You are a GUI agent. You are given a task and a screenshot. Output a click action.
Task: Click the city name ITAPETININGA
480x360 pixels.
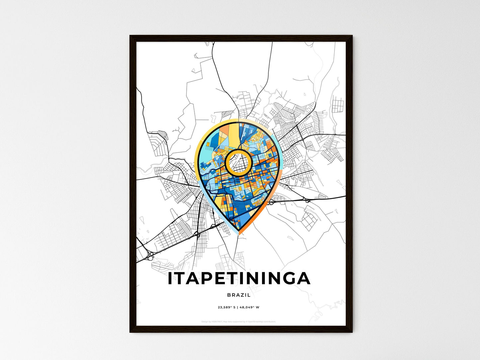(x=239, y=279)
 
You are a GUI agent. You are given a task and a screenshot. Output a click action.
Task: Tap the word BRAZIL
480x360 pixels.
(x=239, y=295)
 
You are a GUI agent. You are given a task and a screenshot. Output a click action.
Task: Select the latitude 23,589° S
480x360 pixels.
(x=227, y=308)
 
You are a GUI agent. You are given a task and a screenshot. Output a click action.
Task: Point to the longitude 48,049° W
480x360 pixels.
(x=249, y=308)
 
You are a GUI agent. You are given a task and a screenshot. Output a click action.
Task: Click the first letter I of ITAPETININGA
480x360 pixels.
(x=170, y=279)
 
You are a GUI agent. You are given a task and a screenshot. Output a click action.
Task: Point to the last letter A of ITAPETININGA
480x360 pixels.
(x=303, y=279)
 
